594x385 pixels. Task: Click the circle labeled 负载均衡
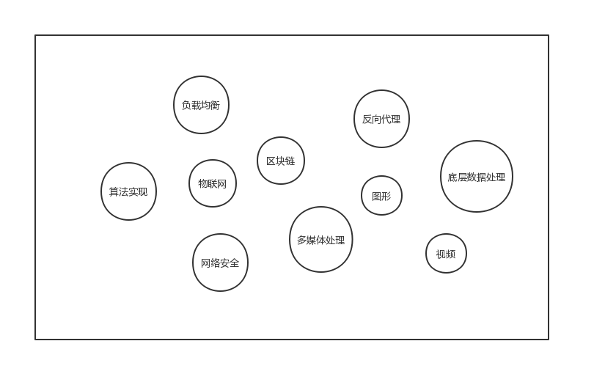click(201, 105)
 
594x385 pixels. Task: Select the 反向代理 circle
click(381, 119)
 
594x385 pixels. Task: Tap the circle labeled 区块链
click(281, 161)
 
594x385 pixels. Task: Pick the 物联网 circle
click(213, 183)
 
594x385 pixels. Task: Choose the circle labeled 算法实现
click(128, 191)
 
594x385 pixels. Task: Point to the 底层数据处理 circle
click(477, 177)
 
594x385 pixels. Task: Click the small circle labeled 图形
click(381, 196)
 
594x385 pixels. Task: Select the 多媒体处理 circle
click(320, 240)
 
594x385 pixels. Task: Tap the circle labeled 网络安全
click(220, 263)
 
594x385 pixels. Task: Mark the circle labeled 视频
click(446, 254)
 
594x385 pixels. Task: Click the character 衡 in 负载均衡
click(216, 105)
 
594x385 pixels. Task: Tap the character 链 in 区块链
click(290, 161)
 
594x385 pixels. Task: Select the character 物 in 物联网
click(203, 183)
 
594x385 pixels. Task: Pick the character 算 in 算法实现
click(114, 191)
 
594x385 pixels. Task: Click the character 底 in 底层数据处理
click(452, 177)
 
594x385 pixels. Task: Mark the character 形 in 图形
click(386, 196)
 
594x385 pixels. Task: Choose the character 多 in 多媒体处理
click(301, 240)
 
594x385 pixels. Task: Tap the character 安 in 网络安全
click(225, 263)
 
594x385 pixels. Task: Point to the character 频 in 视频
click(451, 254)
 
